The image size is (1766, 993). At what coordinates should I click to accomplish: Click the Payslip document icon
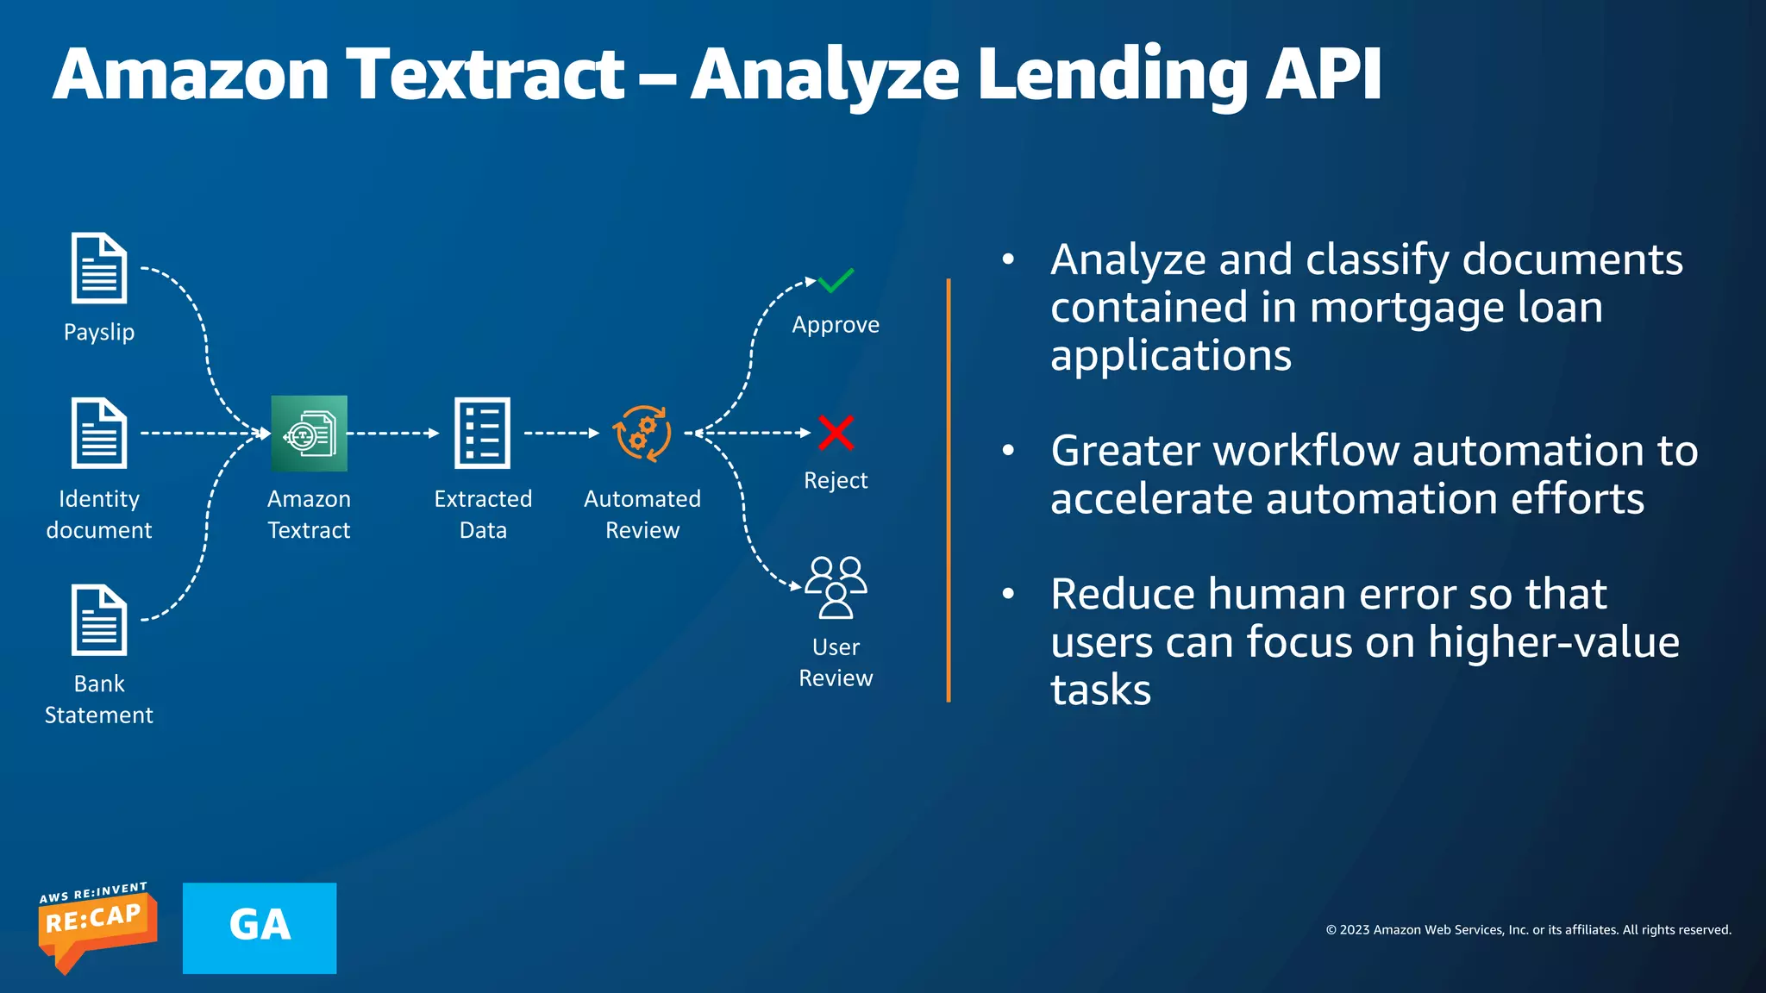99,268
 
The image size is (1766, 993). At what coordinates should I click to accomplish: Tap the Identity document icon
99,433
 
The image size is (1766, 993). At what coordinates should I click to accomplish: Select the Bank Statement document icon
99,620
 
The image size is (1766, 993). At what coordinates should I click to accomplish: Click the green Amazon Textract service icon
309,434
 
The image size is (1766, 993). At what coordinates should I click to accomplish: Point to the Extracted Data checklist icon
482,433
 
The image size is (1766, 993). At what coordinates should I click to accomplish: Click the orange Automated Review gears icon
642,433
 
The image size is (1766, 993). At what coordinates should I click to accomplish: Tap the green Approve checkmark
836,281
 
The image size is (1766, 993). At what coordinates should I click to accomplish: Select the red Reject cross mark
836,433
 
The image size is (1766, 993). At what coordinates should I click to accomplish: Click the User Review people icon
836,587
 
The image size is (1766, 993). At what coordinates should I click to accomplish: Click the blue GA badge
260,927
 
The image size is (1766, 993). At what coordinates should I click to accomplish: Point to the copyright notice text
1528,929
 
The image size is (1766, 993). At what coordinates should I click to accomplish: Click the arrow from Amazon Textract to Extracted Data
393,433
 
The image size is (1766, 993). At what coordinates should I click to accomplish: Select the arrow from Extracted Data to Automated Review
561,433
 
